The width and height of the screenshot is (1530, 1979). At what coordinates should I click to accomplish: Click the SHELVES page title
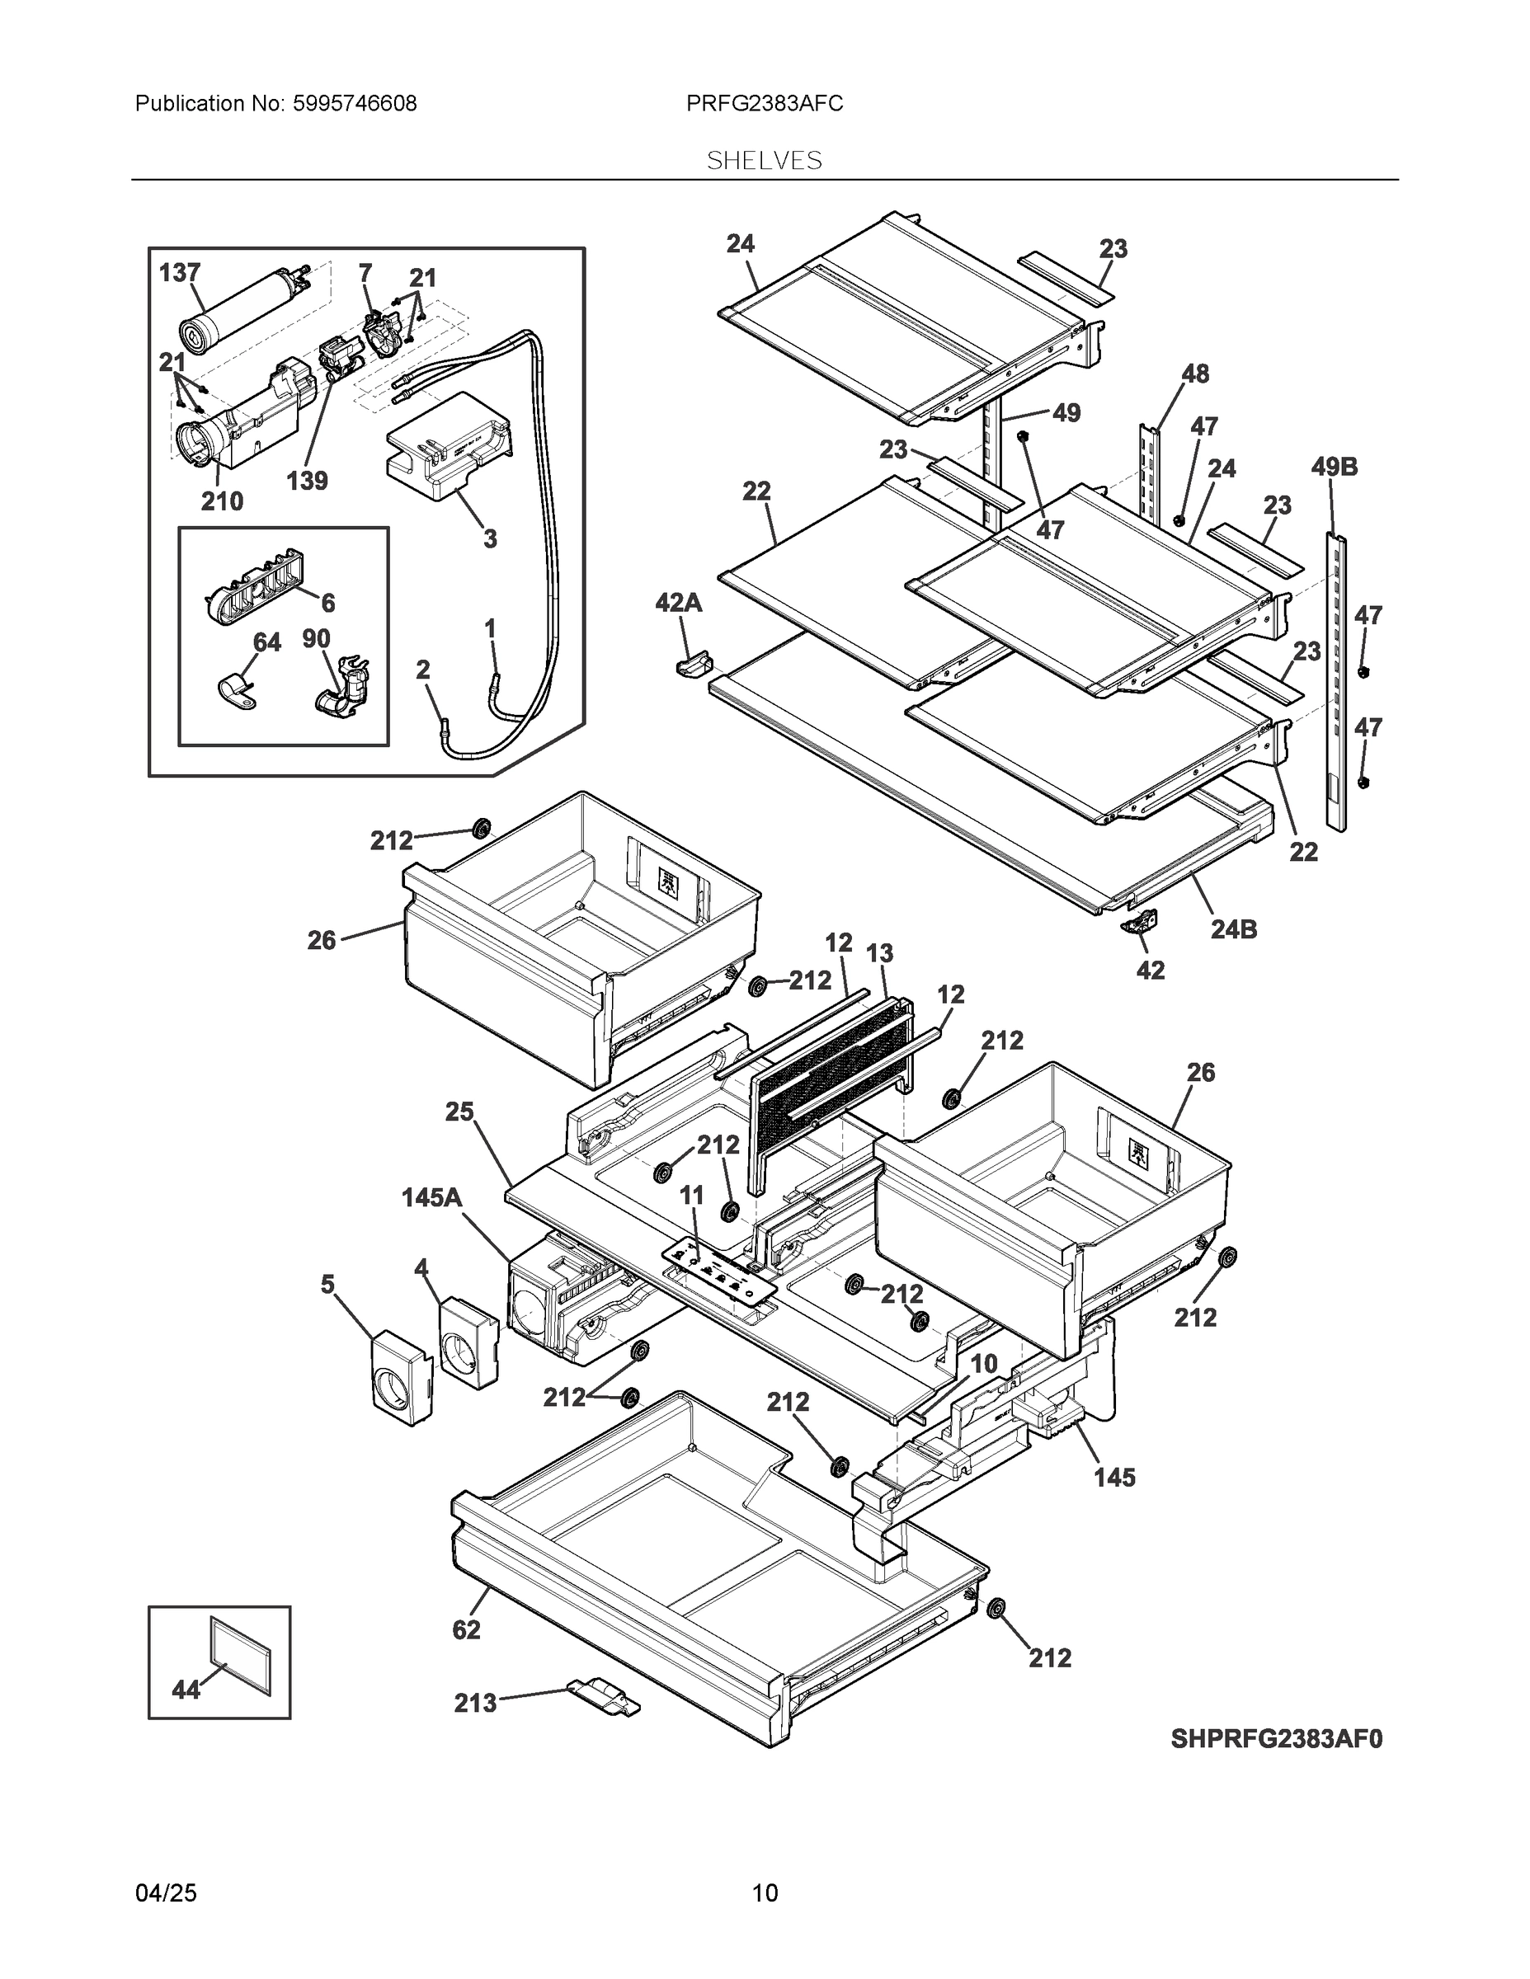point(764,162)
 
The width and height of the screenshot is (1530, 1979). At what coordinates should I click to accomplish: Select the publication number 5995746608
point(354,104)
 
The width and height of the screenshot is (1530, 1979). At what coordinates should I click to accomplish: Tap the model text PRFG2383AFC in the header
point(764,104)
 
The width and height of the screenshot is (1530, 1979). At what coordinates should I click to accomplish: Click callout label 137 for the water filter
point(180,273)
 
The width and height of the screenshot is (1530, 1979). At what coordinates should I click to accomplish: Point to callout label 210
point(221,501)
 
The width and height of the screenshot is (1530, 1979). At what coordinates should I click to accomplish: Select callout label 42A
point(679,603)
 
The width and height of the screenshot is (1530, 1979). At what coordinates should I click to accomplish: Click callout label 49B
point(1335,468)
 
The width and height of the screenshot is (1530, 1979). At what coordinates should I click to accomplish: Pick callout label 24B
point(1234,929)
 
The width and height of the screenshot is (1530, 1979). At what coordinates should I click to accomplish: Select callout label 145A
point(431,1198)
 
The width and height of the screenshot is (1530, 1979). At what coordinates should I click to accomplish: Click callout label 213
point(475,1704)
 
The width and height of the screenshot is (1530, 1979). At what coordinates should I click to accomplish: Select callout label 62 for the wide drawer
point(466,1630)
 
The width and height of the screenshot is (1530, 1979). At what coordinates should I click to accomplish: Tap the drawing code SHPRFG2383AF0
point(1276,1739)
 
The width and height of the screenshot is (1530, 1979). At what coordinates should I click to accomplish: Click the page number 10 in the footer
point(764,1893)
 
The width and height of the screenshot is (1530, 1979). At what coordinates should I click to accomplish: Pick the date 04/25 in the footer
point(166,1893)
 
